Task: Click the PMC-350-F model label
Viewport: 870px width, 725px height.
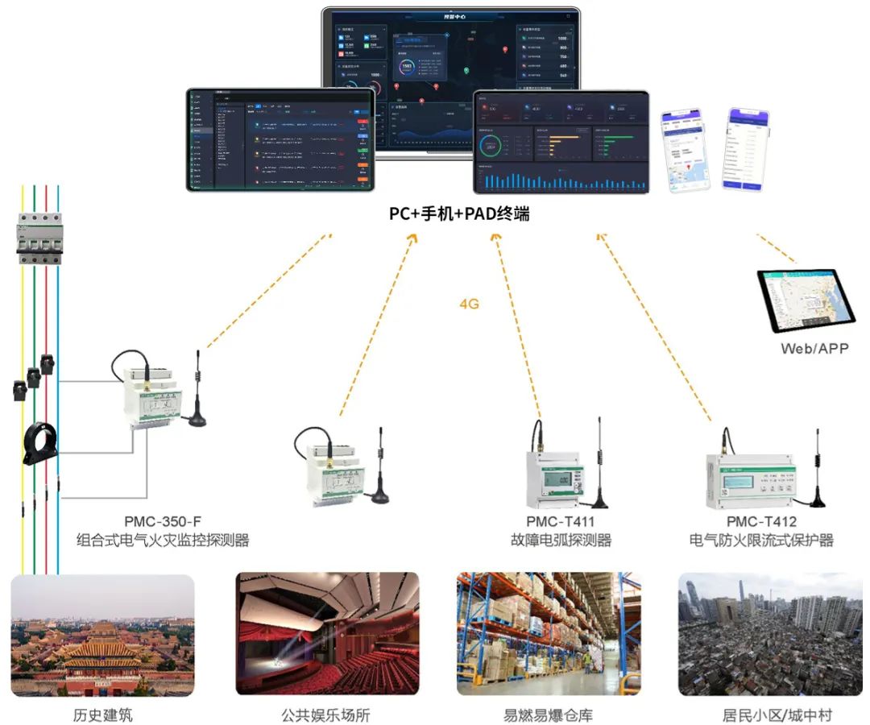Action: (163, 521)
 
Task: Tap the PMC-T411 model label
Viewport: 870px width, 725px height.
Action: (560, 521)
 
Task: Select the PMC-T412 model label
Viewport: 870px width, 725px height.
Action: (760, 521)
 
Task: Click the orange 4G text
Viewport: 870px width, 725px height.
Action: (469, 304)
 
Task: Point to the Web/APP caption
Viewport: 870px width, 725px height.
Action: (814, 349)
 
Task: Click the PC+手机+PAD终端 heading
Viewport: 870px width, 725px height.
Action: (459, 215)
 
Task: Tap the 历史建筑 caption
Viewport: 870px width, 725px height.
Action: (102, 715)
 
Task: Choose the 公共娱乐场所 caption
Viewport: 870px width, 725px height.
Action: (326, 715)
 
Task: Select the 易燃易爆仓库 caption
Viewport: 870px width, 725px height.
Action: (548, 715)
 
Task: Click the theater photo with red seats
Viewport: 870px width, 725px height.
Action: (327, 634)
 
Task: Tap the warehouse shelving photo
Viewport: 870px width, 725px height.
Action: (549, 634)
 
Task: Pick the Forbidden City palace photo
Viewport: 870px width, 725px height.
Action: (102, 634)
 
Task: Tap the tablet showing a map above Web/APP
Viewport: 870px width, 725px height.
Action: (807, 301)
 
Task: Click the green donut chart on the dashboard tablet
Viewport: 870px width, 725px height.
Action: (491, 147)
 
